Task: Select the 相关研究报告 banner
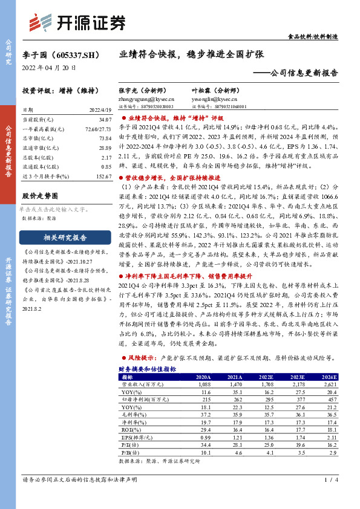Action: (x=58, y=237)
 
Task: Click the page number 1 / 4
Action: (x=329, y=481)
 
